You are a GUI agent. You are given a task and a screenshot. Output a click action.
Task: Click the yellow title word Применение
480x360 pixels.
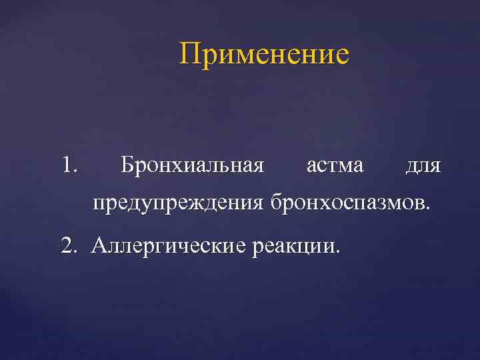click(264, 54)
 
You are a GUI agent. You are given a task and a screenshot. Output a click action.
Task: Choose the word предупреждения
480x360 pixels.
click(179, 202)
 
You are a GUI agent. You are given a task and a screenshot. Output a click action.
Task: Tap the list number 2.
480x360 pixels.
click(67, 245)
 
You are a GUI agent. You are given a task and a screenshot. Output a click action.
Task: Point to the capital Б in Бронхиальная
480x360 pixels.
click(127, 164)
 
